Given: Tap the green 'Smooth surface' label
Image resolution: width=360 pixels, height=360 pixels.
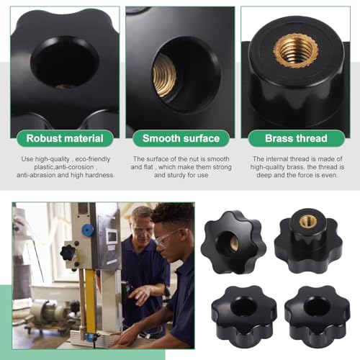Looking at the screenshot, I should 180,138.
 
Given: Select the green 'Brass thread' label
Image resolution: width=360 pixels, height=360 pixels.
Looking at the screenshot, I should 296,138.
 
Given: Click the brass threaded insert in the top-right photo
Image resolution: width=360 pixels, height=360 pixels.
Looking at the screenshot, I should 296,50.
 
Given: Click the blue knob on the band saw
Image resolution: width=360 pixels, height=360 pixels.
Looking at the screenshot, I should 88,230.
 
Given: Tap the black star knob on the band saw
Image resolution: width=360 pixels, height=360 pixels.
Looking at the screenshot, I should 68,252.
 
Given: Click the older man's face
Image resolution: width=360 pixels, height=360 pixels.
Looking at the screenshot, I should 143,225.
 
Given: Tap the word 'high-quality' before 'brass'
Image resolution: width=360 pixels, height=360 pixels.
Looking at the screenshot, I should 274,166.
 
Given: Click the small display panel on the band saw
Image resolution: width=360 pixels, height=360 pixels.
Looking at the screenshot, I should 112,237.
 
